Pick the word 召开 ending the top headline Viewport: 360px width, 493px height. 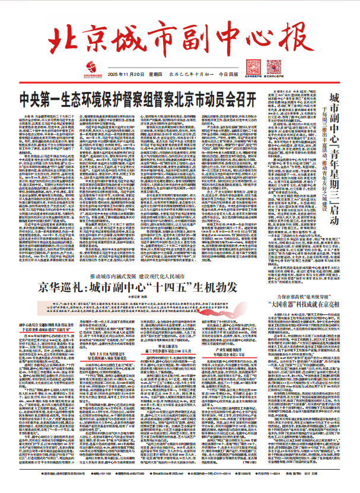click(x=244, y=97)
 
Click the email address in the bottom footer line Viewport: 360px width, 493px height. click(x=181, y=484)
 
